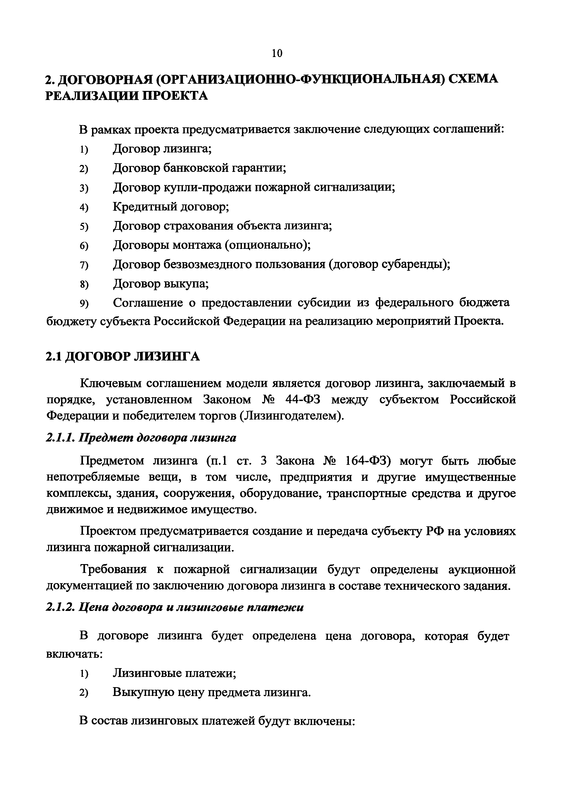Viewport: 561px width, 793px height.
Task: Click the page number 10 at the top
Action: point(277,54)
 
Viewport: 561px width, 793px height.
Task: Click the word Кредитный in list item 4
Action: point(144,207)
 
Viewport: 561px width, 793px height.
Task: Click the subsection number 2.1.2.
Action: point(60,607)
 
